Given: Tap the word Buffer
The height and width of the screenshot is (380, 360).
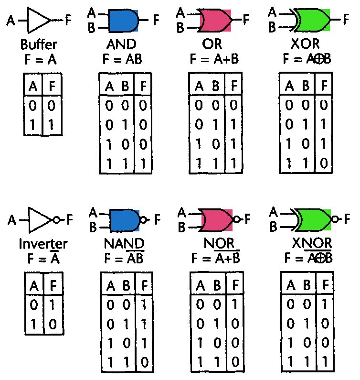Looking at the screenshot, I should click(x=39, y=45).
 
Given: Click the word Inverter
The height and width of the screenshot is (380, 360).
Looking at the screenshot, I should click(x=43, y=244).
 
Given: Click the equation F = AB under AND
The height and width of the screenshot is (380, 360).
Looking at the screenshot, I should click(x=122, y=59).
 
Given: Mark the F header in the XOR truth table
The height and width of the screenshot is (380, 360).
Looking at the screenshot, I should click(x=324, y=86).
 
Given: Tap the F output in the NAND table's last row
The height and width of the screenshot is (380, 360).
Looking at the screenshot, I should click(x=144, y=361).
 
